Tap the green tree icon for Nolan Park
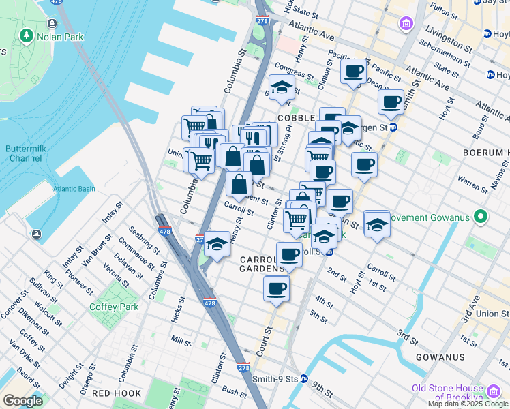(x=27, y=34)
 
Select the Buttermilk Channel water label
(x=25, y=153)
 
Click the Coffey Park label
(x=114, y=307)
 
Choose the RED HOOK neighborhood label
(x=117, y=393)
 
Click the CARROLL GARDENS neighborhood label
(x=262, y=264)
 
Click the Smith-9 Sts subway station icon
(x=304, y=378)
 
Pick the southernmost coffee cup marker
(x=276, y=288)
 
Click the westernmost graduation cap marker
(x=217, y=243)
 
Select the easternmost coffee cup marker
(x=391, y=102)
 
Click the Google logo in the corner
(x=22, y=401)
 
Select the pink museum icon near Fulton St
(x=407, y=25)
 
